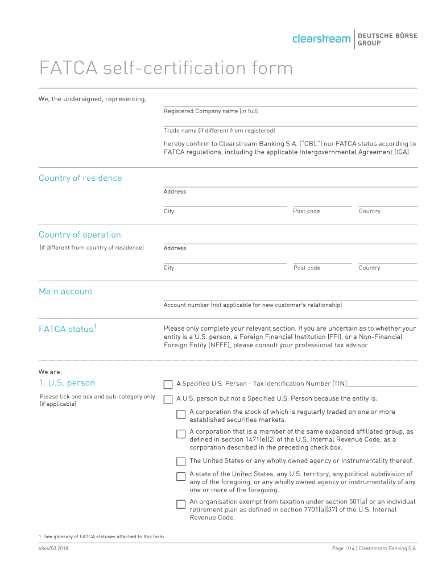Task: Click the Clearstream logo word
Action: point(321,39)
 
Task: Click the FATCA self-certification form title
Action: point(166,69)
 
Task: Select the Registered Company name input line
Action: point(290,102)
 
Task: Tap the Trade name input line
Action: point(290,122)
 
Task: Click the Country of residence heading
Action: point(80,178)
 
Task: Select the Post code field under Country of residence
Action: point(322,203)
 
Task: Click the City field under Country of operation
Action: point(225,260)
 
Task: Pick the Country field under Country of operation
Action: point(387,260)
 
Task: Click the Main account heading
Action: point(65,291)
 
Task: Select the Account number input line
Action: point(290,297)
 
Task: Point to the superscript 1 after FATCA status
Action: point(95,326)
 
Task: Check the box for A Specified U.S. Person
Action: point(168,384)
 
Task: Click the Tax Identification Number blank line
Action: point(382,384)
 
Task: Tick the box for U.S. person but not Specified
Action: point(168,399)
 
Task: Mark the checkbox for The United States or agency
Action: point(181,462)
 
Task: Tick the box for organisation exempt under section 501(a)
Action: point(181,504)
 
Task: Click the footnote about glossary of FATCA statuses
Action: point(102,537)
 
